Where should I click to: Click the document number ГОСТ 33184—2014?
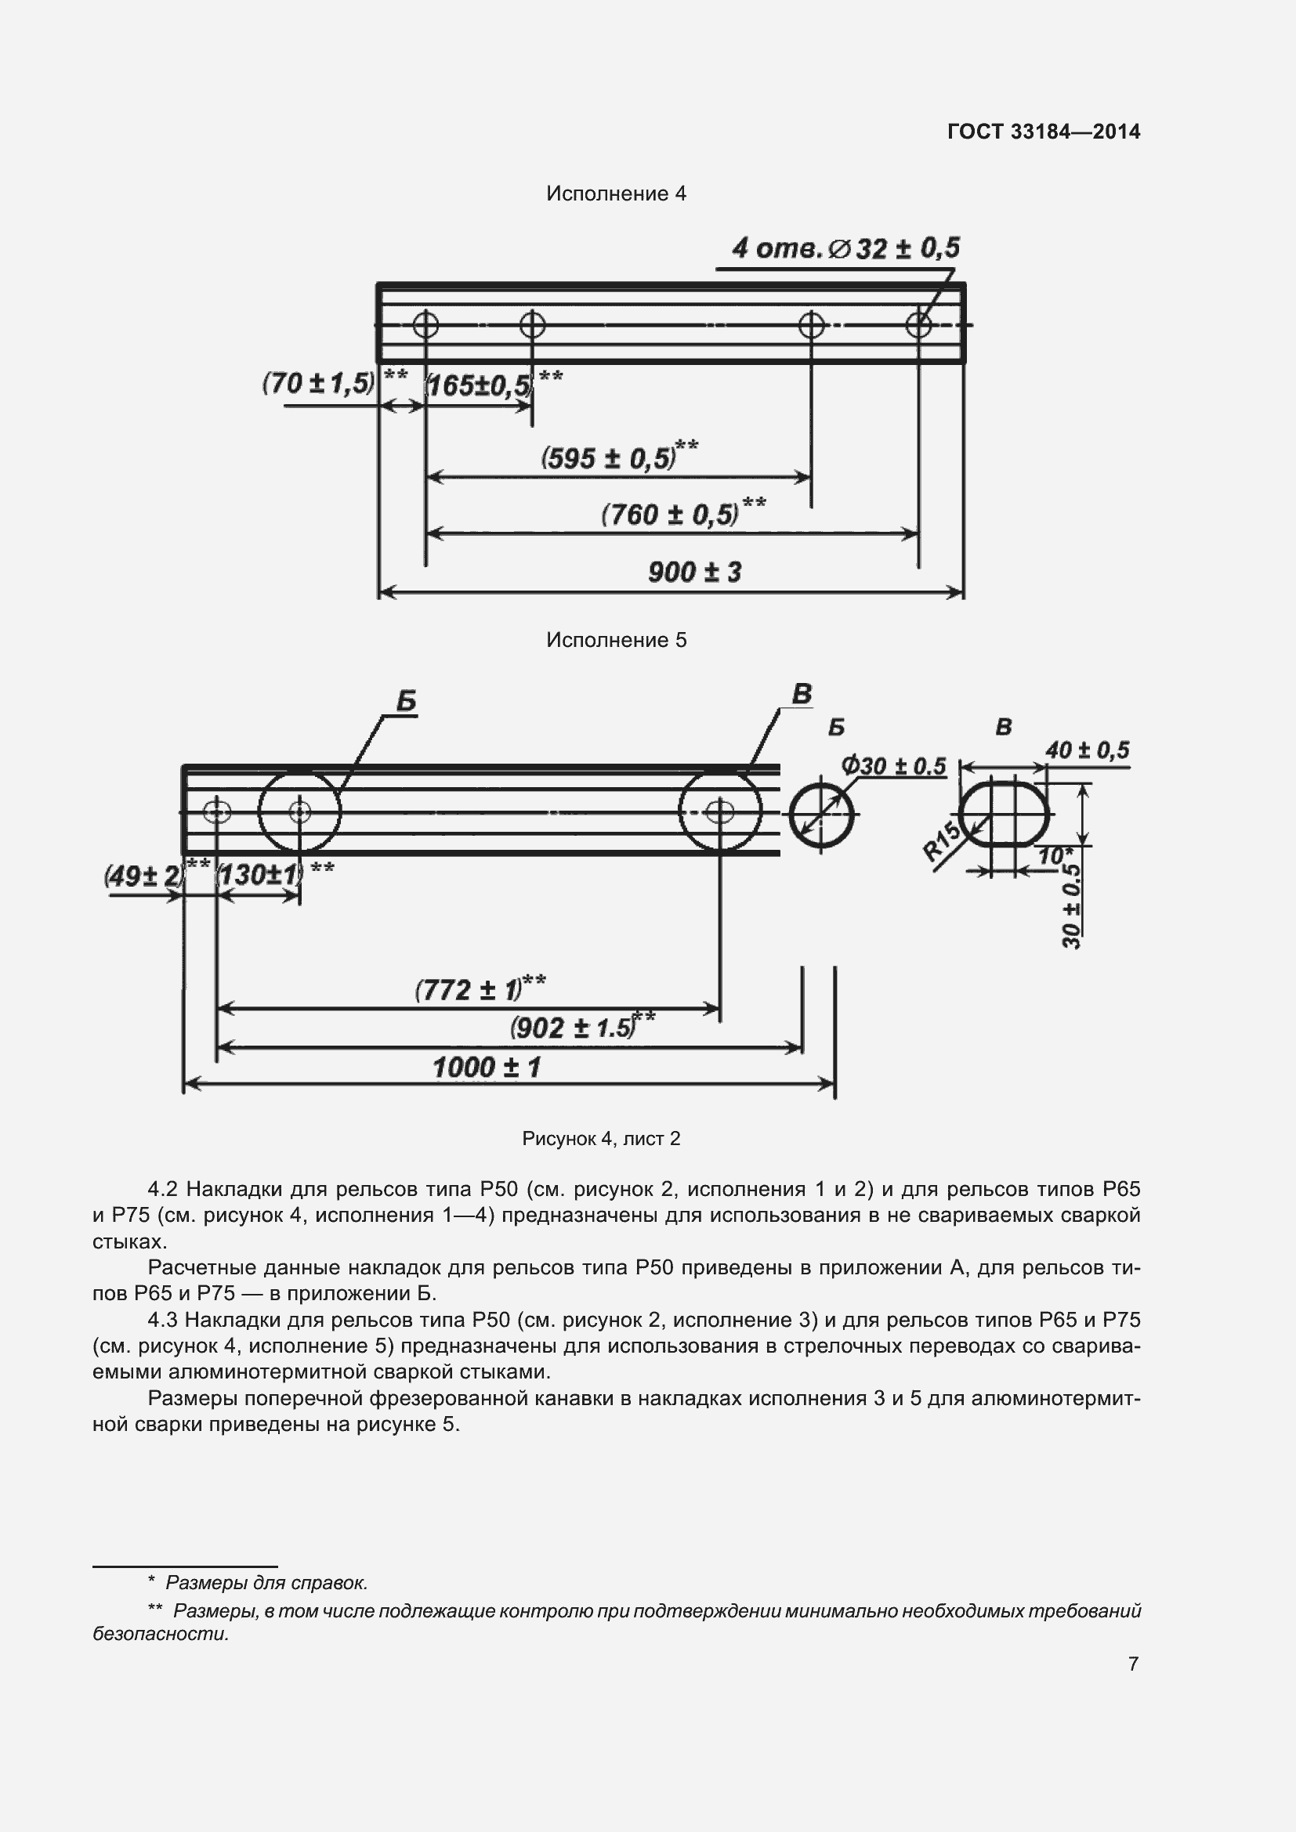pyautogui.click(x=1043, y=132)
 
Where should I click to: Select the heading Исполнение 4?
pyautogui.click(x=615, y=194)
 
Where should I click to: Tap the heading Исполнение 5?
pyautogui.click(x=615, y=640)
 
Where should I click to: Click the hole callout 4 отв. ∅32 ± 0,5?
pyautogui.click(x=845, y=249)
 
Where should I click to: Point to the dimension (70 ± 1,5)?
pyautogui.click(x=318, y=384)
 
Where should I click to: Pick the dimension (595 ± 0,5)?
pyautogui.click(x=608, y=458)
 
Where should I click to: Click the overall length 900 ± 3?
pyautogui.click(x=694, y=572)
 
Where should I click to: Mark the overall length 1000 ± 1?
pyautogui.click(x=486, y=1068)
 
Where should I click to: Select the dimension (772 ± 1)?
pyautogui.click(x=468, y=990)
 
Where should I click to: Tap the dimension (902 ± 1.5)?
pyautogui.click(x=572, y=1028)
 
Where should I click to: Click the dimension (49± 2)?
pyautogui.click(x=143, y=876)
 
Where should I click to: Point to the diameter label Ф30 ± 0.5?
pyautogui.click(x=893, y=767)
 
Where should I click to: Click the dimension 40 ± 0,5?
pyautogui.click(x=1087, y=750)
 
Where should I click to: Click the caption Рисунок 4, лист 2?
pyautogui.click(x=601, y=1139)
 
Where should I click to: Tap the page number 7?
pyautogui.click(x=1132, y=1663)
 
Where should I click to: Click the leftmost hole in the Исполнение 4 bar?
pyautogui.click(x=425, y=325)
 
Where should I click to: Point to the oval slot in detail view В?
pyautogui.click(x=1003, y=815)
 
